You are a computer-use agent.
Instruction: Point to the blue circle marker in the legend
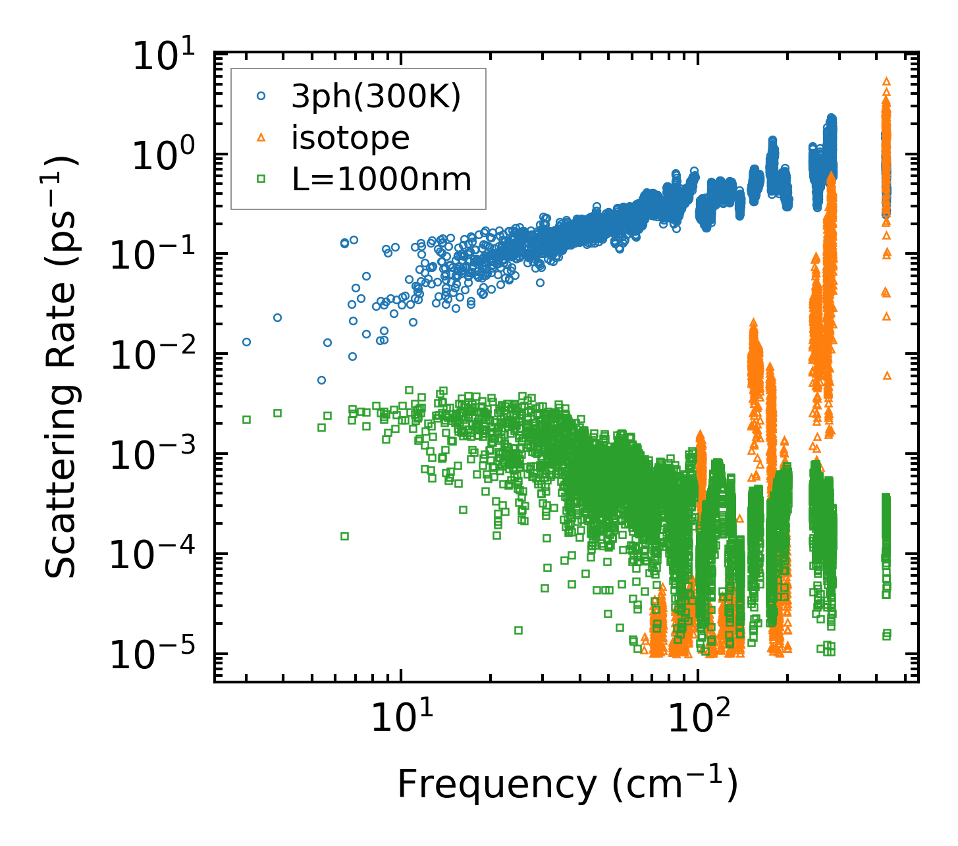click(261, 96)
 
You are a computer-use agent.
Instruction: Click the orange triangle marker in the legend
click(261, 138)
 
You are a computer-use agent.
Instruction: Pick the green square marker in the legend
click(261, 178)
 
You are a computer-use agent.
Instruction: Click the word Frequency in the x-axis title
click(496, 785)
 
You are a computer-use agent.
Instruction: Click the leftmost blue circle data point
click(246, 342)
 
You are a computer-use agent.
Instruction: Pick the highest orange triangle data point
click(886, 81)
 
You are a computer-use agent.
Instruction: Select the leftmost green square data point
click(246, 419)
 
